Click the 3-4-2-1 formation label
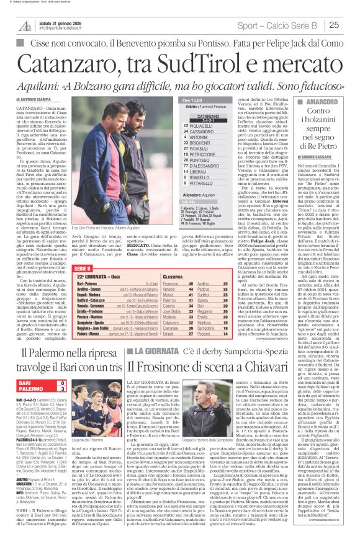pos(208,120)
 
